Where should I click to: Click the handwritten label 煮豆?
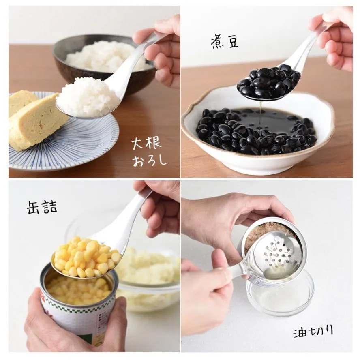coord(225,41)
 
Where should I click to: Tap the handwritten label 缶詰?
coord(42,207)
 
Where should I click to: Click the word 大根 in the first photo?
coord(146,143)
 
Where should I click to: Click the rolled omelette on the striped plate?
coord(34,119)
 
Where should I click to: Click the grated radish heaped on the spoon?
coord(88,96)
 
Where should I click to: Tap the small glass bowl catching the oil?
coord(280,296)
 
